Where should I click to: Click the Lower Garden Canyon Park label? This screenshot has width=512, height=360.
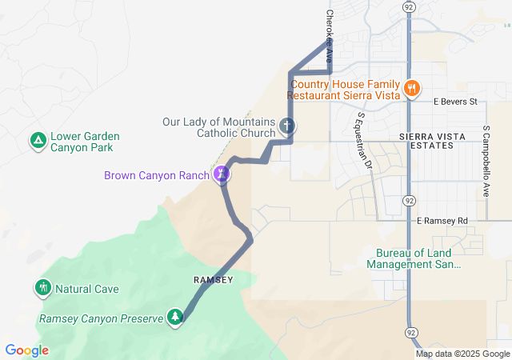pyautogui.click(x=81, y=142)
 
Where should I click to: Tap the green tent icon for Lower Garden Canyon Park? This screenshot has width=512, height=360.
pyautogui.click(x=38, y=142)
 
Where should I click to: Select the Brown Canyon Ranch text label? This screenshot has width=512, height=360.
pyautogui.click(x=156, y=175)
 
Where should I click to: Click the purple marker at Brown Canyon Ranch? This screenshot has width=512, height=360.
pyautogui.click(x=222, y=174)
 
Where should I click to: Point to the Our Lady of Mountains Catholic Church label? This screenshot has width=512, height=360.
pyautogui.click(x=218, y=128)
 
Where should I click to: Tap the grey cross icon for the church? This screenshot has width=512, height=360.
pyautogui.click(x=287, y=126)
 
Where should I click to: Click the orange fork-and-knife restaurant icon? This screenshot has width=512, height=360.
pyautogui.click(x=412, y=88)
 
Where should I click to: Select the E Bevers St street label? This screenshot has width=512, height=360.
pyautogui.click(x=454, y=102)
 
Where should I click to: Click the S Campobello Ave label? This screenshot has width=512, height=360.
pyautogui.click(x=486, y=161)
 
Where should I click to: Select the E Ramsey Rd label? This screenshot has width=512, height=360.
pyautogui.click(x=442, y=220)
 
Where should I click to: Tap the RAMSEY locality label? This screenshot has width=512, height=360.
pyautogui.click(x=213, y=279)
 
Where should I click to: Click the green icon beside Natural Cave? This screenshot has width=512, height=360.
pyautogui.click(x=42, y=287)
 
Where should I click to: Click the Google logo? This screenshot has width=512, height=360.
pyautogui.click(x=26, y=350)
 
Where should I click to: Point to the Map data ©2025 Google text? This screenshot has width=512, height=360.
pyautogui.click(x=462, y=354)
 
